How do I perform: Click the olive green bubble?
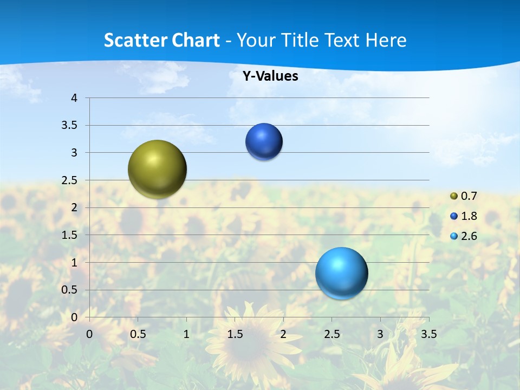tap(158, 169)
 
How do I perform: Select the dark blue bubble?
tap(264, 142)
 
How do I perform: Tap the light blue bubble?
tap(341, 273)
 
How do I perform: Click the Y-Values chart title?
tap(270, 76)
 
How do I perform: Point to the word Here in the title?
tap(386, 40)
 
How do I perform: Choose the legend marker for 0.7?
tap(454, 196)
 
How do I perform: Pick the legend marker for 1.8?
tap(454, 216)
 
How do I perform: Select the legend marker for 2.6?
tap(454, 236)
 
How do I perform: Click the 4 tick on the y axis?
tap(74, 98)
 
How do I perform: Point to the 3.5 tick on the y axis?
tap(70, 126)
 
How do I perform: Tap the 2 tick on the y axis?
tap(74, 207)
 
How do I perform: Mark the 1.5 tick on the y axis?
tap(70, 235)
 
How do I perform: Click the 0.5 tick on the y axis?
tap(70, 290)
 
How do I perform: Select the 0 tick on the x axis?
tap(89, 334)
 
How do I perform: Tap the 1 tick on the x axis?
tap(186, 334)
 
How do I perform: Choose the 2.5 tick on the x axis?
tap(331, 334)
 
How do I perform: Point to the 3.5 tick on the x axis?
tap(428, 334)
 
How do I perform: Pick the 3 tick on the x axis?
tap(380, 334)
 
